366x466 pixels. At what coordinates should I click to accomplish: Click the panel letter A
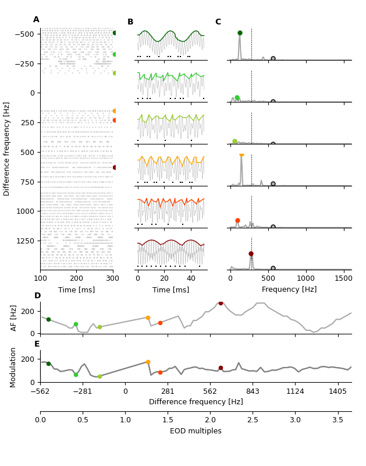36,20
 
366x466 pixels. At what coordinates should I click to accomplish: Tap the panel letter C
218,22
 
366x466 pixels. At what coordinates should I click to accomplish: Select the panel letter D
37,296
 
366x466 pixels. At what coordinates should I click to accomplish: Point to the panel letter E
37,344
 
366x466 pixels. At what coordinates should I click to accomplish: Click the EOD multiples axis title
196,431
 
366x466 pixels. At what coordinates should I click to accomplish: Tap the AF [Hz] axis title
14,317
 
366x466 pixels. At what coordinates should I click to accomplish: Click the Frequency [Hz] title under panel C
289,290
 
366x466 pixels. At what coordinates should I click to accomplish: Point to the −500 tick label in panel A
24,34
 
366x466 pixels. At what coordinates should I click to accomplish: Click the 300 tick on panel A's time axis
113,278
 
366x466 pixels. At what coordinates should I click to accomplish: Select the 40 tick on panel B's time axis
191,278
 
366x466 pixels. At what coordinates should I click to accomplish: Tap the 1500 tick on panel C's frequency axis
344,278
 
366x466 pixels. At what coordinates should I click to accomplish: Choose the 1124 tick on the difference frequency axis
295,392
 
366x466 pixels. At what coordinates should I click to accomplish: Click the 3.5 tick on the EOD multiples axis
337,420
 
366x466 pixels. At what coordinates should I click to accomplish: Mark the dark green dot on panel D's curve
48,319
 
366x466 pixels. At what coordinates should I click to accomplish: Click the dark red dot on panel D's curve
221,303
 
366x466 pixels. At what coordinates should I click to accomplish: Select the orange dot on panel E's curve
148,362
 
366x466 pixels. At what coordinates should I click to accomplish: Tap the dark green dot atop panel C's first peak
240,33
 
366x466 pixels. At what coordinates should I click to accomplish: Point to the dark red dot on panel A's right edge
115,167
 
